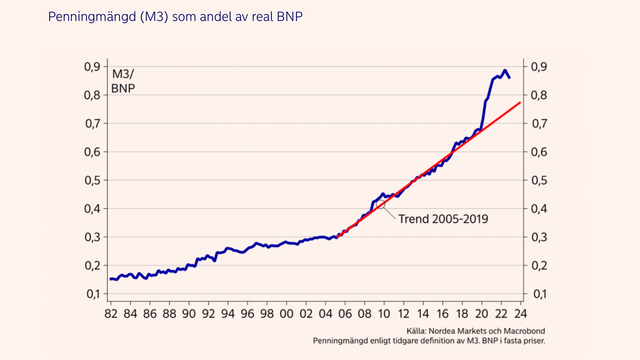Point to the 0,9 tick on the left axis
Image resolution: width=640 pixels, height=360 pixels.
click(90, 67)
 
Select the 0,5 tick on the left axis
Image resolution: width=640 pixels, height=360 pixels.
click(90, 180)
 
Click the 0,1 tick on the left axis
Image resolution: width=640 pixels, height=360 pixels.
click(90, 294)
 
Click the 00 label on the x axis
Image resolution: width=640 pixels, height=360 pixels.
click(287, 313)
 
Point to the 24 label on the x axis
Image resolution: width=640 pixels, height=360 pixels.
click(520, 313)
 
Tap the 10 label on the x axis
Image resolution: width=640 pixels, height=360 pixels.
click(384, 313)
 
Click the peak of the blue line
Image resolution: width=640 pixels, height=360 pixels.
click(504, 70)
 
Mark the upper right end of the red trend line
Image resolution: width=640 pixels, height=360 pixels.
click(520, 102)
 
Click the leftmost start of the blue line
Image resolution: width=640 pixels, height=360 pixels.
click(110, 279)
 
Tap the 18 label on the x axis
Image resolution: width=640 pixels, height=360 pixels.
click(461, 313)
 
